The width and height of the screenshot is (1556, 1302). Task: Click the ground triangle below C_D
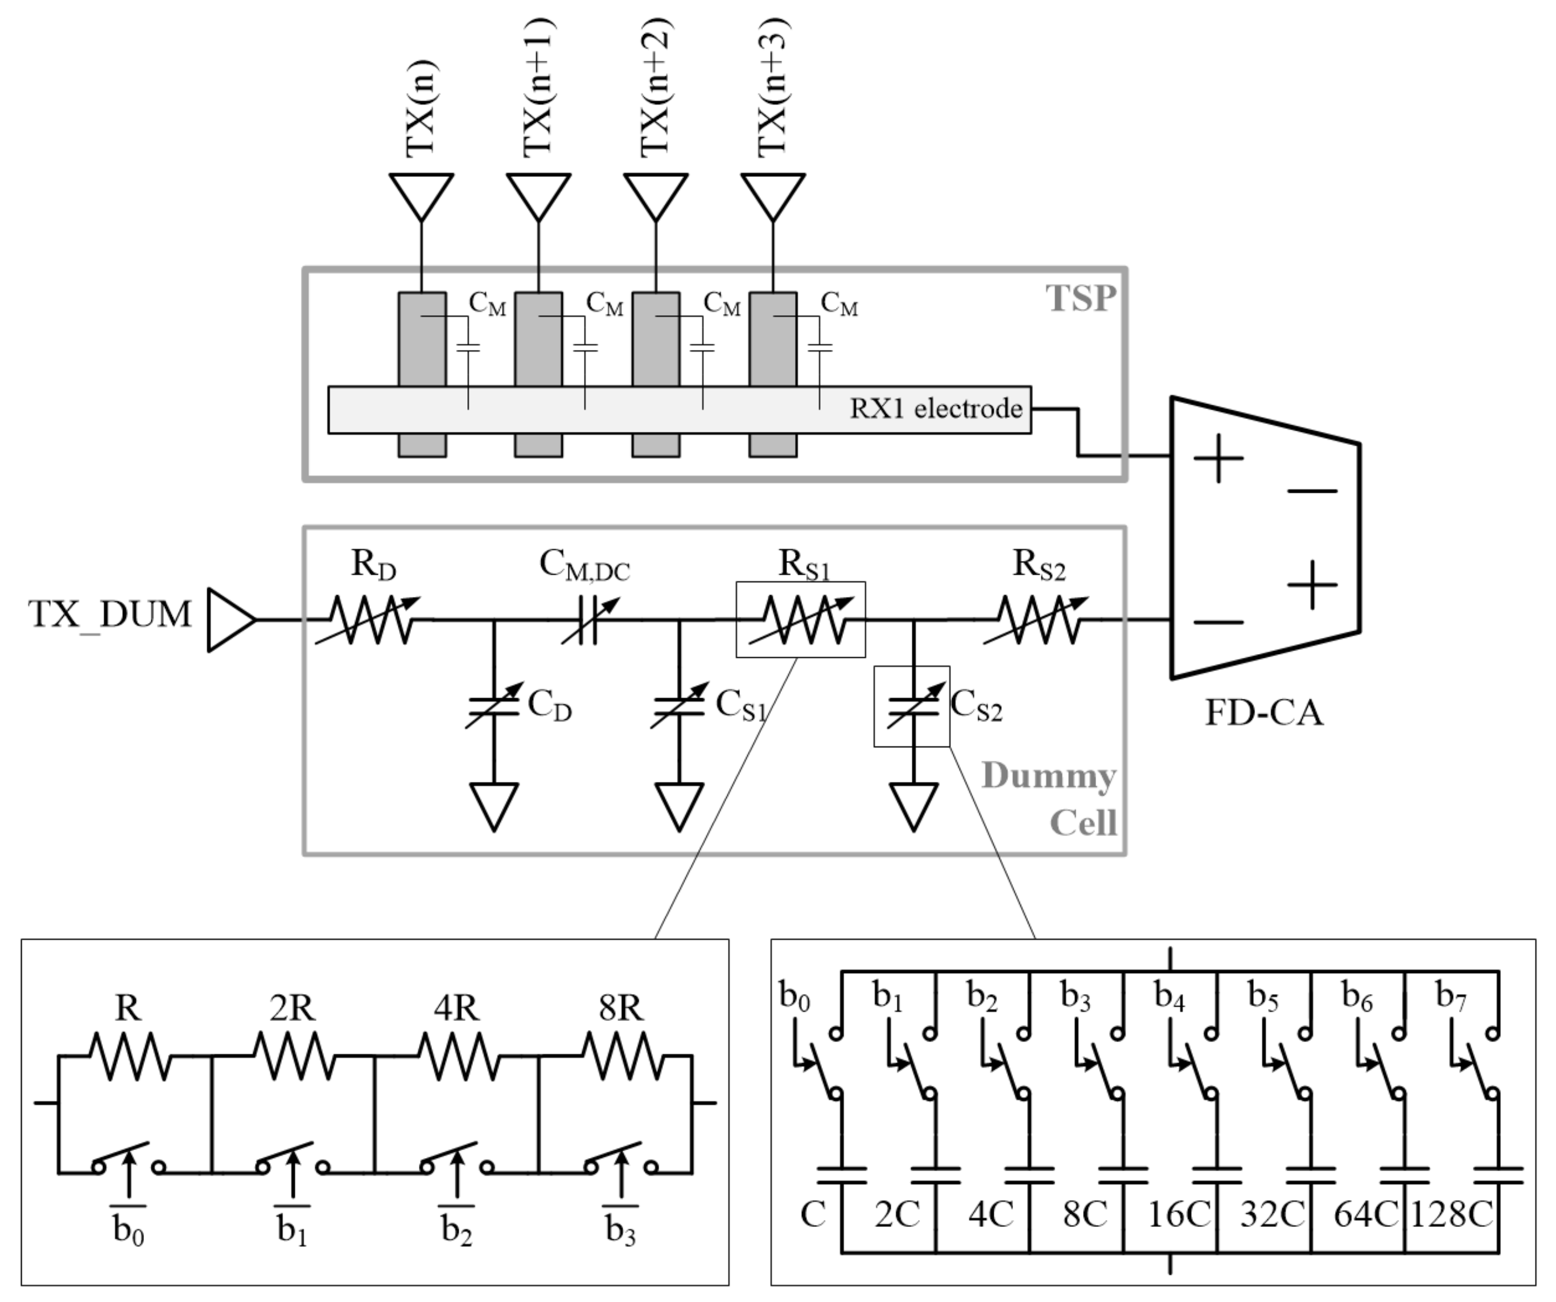pyautogui.click(x=493, y=807)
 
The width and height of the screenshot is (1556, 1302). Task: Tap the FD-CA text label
pyautogui.click(x=1263, y=713)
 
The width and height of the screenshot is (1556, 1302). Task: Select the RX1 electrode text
pyautogui.click(x=935, y=409)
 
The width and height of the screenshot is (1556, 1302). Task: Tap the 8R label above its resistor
pyautogui.click(x=621, y=1008)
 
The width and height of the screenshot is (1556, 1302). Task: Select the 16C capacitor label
pyautogui.click(x=1178, y=1214)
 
